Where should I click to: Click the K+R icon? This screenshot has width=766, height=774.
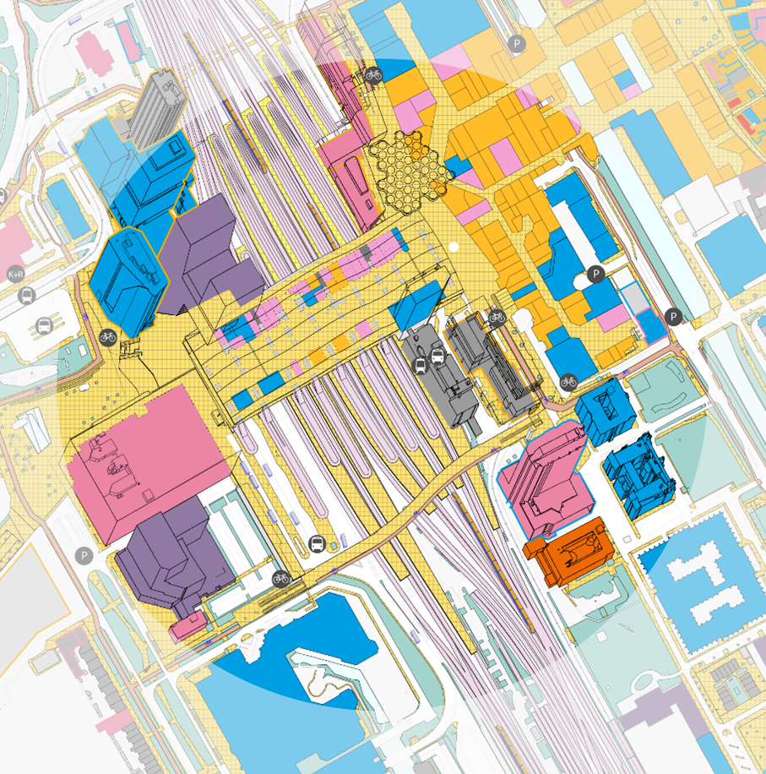point(15,275)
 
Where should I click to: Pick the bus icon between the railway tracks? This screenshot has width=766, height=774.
point(318,543)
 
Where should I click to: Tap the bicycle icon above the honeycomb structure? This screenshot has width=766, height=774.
point(373,75)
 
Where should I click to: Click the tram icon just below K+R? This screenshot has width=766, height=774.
point(26,296)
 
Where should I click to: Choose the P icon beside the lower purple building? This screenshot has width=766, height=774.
point(83,555)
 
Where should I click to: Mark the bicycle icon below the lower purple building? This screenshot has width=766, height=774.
point(281,578)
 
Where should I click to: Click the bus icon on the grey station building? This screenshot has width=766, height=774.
point(437,356)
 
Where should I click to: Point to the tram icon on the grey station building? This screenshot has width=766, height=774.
point(421,365)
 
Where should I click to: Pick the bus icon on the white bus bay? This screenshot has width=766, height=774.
point(44,326)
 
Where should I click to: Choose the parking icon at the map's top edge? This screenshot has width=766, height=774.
point(516,44)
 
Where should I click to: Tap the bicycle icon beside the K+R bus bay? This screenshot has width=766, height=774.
point(107,336)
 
